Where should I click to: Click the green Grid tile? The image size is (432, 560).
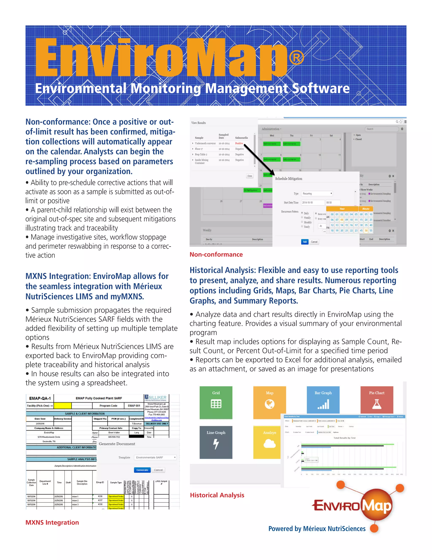click(x=216, y=402)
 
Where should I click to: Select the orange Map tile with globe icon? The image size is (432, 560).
click(x=270, y=402)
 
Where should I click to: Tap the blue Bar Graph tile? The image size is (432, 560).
click(x=323, y=400)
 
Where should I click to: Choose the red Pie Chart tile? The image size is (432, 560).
click(x=377, y=400)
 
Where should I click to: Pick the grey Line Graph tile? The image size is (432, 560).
click(x=216, y=442)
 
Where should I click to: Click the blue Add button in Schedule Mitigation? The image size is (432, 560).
click(x=305, y=242)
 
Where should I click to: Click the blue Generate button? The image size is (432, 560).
click(x=142, y=470)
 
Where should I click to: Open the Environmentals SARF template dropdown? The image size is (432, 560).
click(x=155, y=458)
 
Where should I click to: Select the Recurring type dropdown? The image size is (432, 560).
click(x=317, y=194)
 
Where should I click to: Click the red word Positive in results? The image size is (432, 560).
click(x=239, y=143)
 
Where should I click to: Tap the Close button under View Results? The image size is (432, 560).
click(x=250, y=176)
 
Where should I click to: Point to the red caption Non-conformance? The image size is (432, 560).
click(x=216, y=254)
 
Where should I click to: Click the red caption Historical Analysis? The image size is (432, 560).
click(x=217, y=495)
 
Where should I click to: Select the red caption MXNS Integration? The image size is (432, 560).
click(x=52, y=523)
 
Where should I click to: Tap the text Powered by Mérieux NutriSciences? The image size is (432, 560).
click(x=317, y=529)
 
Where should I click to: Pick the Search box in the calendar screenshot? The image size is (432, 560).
click(x=382, y=129)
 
